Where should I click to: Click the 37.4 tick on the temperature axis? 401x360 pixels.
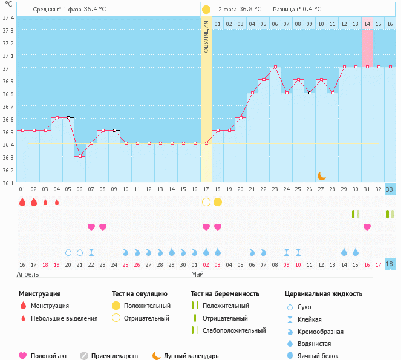(8, 18)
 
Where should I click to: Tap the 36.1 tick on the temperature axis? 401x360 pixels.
(8, 183)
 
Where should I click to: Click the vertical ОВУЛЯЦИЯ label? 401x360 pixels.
(206, 36)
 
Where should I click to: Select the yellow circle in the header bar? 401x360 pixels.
(206, 10)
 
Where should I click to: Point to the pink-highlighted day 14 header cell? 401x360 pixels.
(367, 24)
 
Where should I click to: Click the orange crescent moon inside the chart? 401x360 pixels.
(322, 175)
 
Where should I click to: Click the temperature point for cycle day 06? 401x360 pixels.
(80, 155)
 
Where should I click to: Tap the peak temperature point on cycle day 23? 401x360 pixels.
(275, 67)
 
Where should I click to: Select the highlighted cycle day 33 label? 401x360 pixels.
(390, 189)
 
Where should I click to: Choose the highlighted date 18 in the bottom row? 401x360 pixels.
(390, 264)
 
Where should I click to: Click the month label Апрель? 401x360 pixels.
(28, 274)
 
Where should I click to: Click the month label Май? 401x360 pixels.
(198, 274)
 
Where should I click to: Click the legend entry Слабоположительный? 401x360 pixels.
(234, 330)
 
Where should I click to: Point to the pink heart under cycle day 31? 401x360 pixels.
(367, 227)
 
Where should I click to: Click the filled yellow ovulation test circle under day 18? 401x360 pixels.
(218, 201)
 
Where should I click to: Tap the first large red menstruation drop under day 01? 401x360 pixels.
(22, 202)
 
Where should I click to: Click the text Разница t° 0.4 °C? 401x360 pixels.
(297, 10)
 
